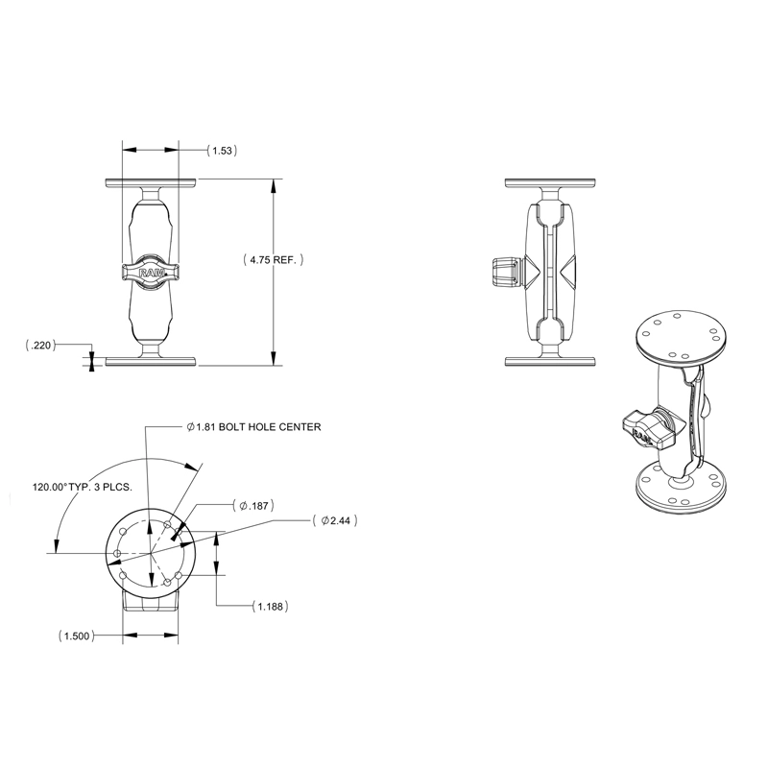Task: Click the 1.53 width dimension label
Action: tap(223, 151)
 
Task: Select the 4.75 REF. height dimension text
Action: tap(273, 260)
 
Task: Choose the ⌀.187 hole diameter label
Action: tap(254, 505)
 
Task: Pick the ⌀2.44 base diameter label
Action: tap(341, 520)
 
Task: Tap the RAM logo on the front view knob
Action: tap(151, 273)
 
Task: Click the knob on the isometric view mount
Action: tap(642, 427)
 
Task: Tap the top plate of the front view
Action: tap(151, 181)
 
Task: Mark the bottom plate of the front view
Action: tap(151, 362)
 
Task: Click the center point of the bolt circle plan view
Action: tap(151, 553)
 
